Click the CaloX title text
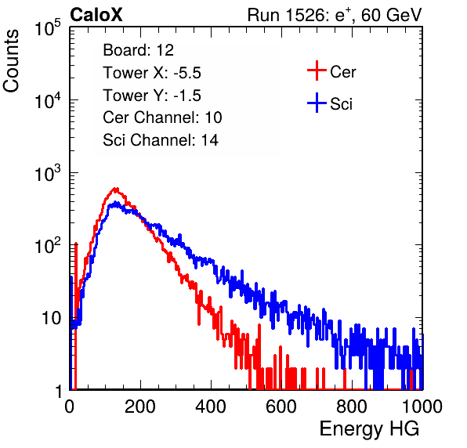tap(96, 15)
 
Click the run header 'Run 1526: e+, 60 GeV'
tap(335, 15)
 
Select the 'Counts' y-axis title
tap(11, 61)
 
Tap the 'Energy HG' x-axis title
tap(369, 428)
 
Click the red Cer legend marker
tap(317, 70)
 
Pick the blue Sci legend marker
tap(317, 103)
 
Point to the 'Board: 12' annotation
tap(138, 50)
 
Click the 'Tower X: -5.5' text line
tap(152, 73)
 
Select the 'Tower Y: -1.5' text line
tap(152, 96)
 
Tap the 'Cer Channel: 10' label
tap(162, 117)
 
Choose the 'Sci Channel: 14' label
tap(161, 140)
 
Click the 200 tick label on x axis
tap(140, 406)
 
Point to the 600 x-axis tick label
tap(281, 406)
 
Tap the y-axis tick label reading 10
tap(51, 318)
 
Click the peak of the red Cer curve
tap(115, 189)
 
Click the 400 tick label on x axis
tap(211, 406)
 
